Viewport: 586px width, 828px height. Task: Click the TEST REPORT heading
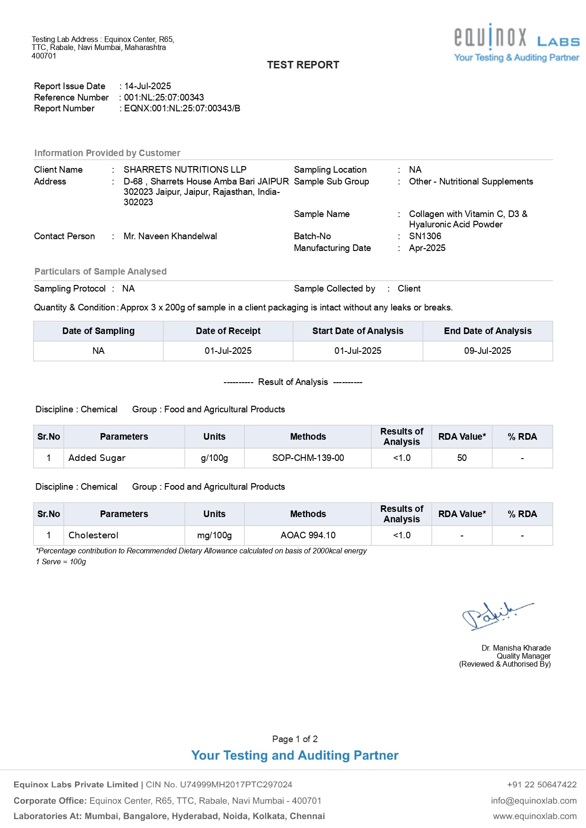(303, 65)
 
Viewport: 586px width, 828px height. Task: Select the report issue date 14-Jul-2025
(148, 86)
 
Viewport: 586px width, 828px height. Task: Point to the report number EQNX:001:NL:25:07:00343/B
(182, 109)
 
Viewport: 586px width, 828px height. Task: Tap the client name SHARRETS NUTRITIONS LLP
(185, 170)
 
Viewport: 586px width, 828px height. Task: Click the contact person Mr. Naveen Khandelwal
(170, 236)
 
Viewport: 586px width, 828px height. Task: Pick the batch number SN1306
(425, 236)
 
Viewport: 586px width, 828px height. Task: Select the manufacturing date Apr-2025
(427, 248)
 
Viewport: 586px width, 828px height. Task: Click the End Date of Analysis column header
(487, 331)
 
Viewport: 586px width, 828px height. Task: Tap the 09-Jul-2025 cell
(487, 351)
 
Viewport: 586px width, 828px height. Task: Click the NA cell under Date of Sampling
(98, 351)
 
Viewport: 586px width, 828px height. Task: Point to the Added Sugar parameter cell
(97, 458)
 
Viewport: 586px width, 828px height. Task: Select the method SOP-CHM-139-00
(308, 458)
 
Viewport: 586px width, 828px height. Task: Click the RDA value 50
(462, 458)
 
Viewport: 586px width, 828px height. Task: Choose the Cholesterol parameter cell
(93, 535)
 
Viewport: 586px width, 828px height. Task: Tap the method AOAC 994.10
(308, 535)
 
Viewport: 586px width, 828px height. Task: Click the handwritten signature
(495, 615)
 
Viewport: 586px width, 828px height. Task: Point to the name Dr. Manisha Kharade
(516, 648)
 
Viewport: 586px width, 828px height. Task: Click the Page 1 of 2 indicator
(295, 739)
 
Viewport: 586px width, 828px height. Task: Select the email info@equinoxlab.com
(534, 801)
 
